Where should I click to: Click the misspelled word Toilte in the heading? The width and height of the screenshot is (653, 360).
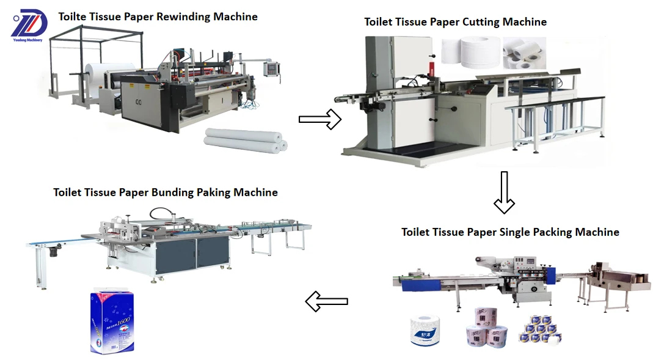pos(73,17)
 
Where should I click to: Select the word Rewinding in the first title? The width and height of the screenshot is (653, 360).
pos(183,17)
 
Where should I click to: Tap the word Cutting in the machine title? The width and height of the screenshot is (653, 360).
pos(482,22)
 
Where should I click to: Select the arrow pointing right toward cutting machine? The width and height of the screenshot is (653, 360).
pos(319,119)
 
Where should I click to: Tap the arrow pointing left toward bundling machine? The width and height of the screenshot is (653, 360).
pos(326,301)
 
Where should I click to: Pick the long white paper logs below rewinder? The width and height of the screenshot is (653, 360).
pos(245,140)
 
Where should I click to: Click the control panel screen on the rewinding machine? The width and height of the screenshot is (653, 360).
pos(271,67)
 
